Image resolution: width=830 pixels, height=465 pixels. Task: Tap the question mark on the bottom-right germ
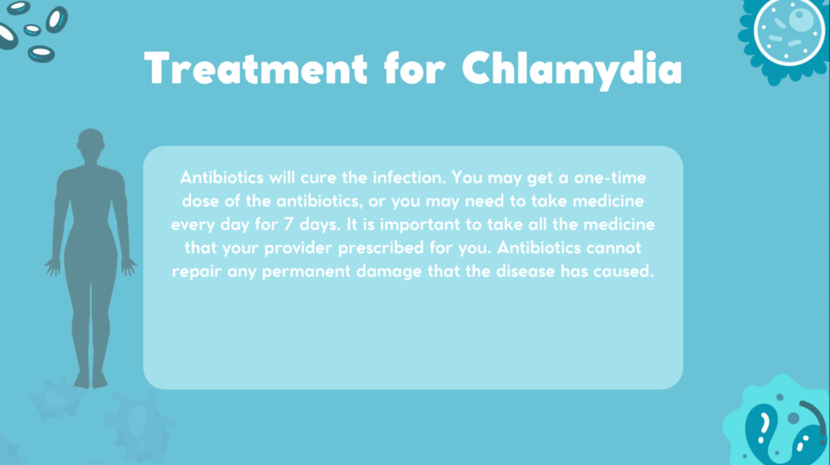click(764, 422)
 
